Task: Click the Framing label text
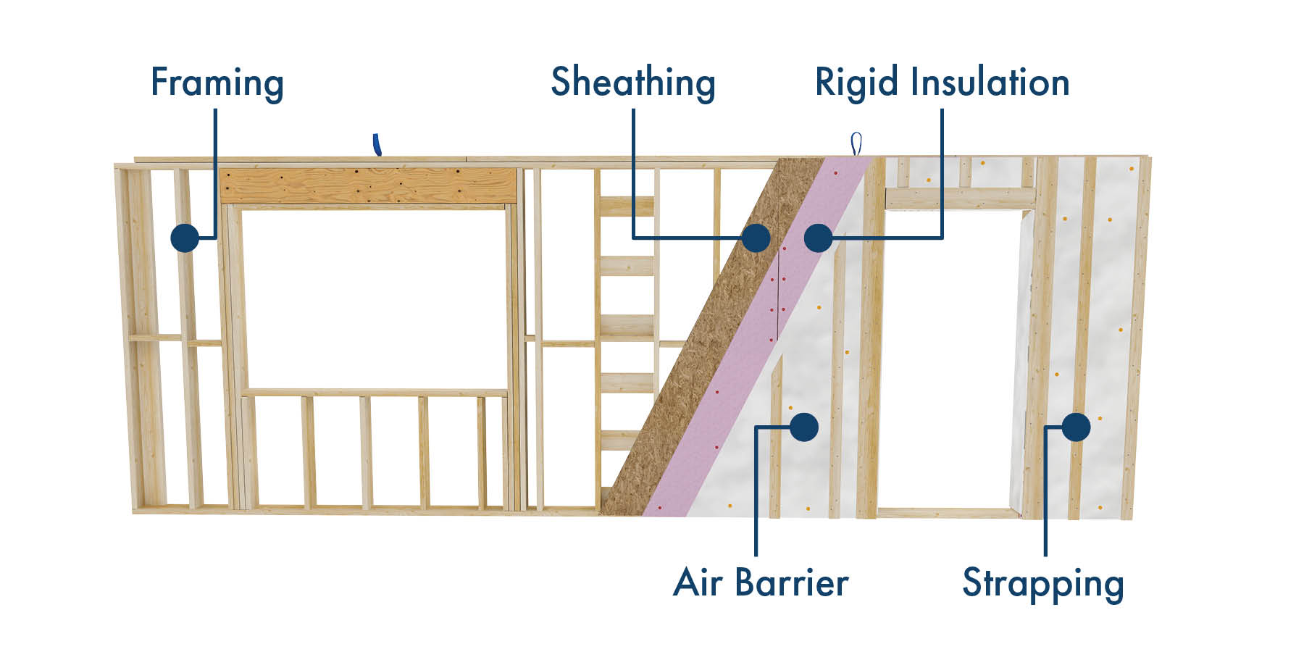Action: (217, 83)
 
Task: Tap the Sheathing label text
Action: (632, 82)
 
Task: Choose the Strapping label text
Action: (1042, 584)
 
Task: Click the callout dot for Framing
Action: (185, 238)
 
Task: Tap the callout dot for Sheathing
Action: (756, 238)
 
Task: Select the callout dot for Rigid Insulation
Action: (819, 238)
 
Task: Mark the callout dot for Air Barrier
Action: (804, 427)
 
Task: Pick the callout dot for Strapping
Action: (1077, 427)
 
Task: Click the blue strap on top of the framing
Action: (376, 144)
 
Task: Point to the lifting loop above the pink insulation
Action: (857, 143)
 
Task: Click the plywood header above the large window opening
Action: (369, 186)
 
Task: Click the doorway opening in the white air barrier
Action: (949, 362)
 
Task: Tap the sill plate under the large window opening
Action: (375, 393)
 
